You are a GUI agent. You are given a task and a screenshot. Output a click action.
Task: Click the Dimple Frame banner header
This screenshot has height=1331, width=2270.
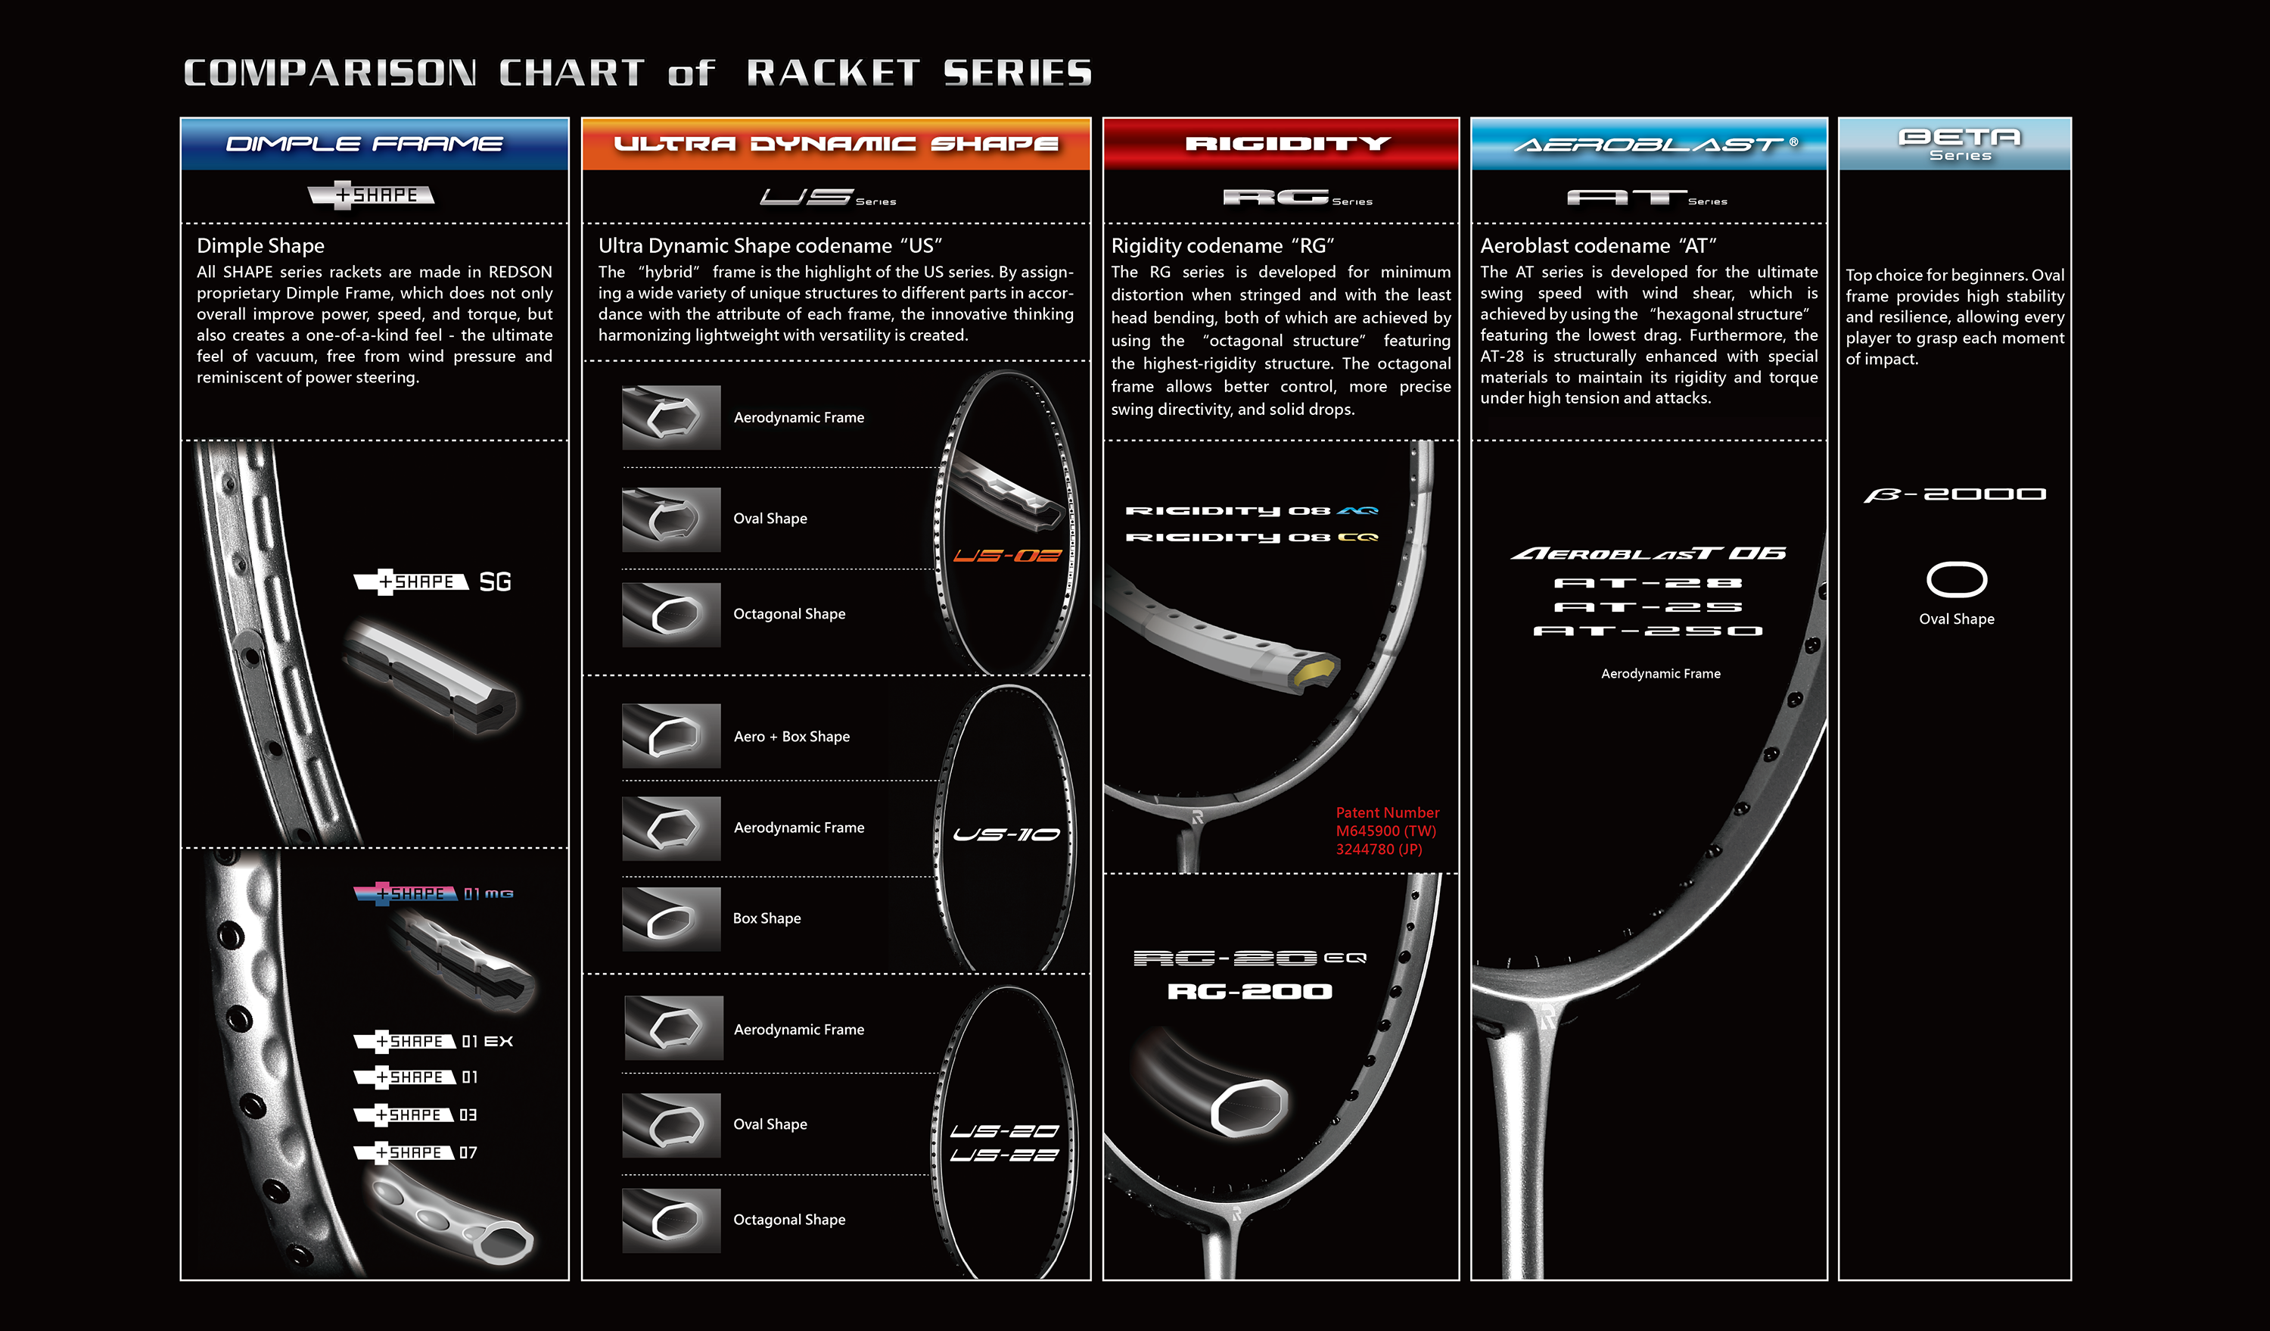[x=374, y=144]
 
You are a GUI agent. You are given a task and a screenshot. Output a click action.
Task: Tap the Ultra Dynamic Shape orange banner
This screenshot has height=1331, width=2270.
[x=835, y=144]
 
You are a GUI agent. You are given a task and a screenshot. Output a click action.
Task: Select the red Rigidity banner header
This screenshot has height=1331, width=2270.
[x=1280, y=144]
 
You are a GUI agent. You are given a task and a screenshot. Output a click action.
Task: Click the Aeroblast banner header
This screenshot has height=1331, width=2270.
[x=1649, y=144]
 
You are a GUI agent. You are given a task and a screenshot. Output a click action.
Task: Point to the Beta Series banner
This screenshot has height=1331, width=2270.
[x=1954, y=144]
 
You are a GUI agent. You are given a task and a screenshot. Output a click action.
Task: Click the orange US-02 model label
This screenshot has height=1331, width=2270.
[x=1007, y=556]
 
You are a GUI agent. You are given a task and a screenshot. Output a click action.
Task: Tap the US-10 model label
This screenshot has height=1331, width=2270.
[x=1006, y=834]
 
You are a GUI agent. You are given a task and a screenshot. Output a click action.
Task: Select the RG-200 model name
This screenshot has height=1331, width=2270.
[x=1249, y=992]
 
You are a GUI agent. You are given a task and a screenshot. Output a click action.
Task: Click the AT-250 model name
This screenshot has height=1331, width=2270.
[x=1647, y=631]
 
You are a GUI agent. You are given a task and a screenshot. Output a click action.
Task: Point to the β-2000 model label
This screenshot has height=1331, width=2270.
[x=1954, y=494]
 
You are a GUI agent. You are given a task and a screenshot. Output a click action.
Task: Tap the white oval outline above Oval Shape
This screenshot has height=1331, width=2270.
[x=1957, y=579]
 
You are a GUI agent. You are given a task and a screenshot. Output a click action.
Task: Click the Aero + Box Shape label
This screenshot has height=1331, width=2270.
[x=791, y=736]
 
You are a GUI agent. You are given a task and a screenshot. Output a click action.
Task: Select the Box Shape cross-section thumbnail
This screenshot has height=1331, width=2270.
[x=671, y=919]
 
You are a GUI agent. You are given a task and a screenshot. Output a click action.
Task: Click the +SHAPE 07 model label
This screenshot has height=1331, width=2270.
[x=415, y=1152]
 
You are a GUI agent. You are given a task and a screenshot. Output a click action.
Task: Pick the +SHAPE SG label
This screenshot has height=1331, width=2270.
[x=432, y=582]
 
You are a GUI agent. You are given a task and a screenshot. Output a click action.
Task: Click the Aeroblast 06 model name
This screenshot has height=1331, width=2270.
[x=1647, y=553]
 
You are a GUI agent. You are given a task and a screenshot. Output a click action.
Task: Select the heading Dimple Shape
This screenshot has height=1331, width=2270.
[x=260, y=246]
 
